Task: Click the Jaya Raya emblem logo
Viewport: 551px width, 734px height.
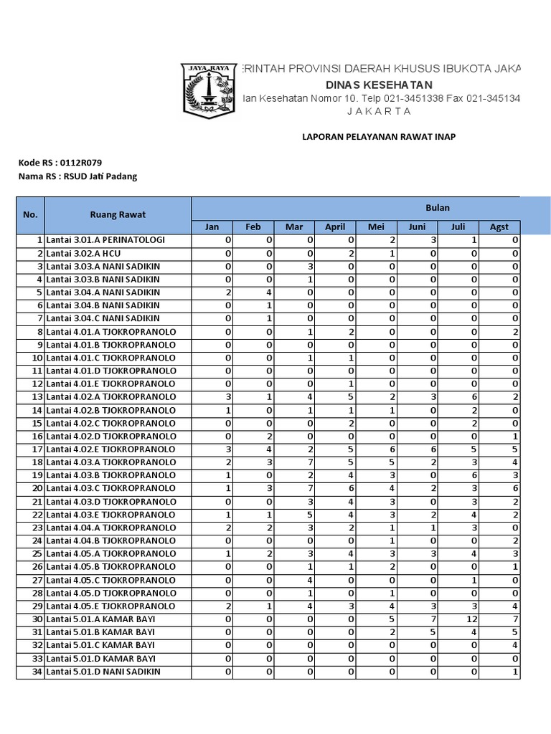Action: [208, 90]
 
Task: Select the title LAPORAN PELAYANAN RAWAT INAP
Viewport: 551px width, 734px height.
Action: [379, 137]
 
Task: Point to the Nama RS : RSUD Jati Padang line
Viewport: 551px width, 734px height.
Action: [77, 176]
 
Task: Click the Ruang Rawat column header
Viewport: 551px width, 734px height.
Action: [118, 214]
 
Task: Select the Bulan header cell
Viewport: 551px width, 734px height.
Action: [438, 208]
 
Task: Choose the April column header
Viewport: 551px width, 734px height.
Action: [335, 227]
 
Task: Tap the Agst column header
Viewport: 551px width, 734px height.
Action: [499, 227]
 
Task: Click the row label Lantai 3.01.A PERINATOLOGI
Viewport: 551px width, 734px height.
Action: [105, 240]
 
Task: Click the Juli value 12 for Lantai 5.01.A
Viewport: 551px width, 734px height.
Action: [471, 619]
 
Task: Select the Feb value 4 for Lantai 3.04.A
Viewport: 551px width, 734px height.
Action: [270, 292]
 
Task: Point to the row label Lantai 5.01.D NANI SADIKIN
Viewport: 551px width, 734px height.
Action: [103, 672]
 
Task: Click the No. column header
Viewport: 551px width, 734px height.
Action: [30, 214]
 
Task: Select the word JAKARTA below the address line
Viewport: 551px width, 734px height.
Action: [379, 111]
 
